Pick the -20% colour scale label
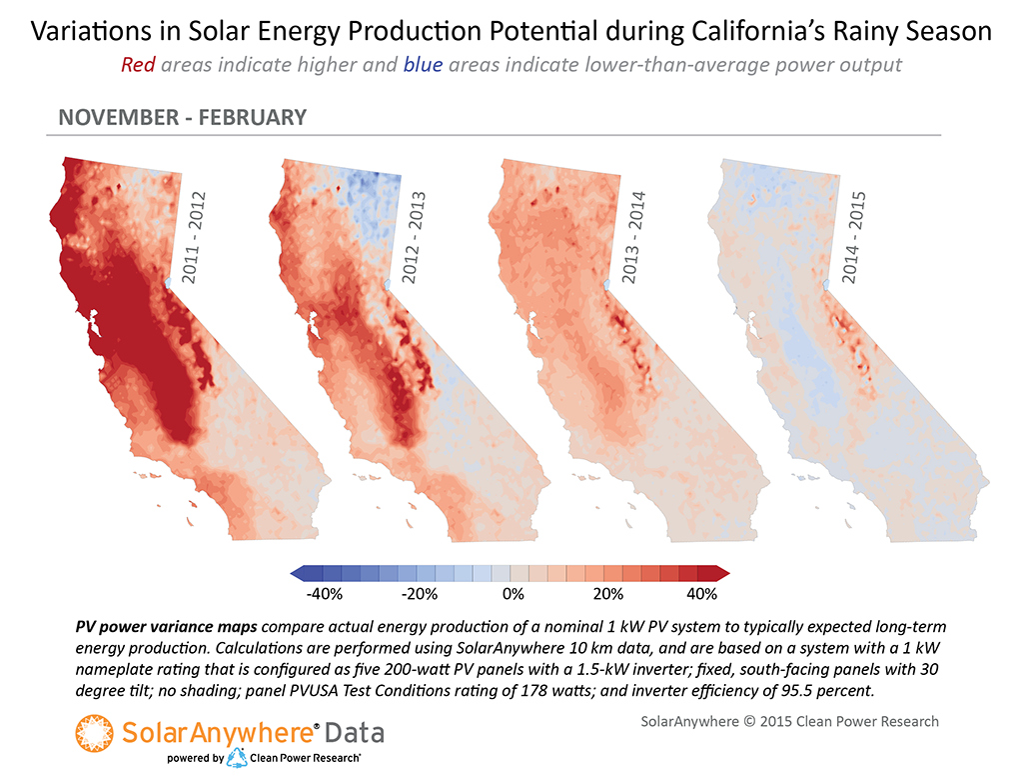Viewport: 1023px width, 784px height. point(419,595)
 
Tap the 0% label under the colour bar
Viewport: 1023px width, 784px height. point(511,595)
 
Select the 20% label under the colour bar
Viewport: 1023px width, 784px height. point(607,595)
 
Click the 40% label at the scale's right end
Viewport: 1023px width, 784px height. point(702,595)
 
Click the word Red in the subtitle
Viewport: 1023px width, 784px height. point(138,66)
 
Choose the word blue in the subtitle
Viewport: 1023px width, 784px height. point(424,66)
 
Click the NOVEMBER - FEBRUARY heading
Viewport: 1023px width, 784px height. point(182,117)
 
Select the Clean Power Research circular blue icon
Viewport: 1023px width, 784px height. point(238,758)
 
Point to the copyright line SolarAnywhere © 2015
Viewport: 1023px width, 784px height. point(789,721)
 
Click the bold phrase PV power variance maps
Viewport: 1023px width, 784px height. point(166,627)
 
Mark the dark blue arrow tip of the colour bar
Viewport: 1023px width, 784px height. point(296,573)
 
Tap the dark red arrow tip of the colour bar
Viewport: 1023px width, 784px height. point(725,573)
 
